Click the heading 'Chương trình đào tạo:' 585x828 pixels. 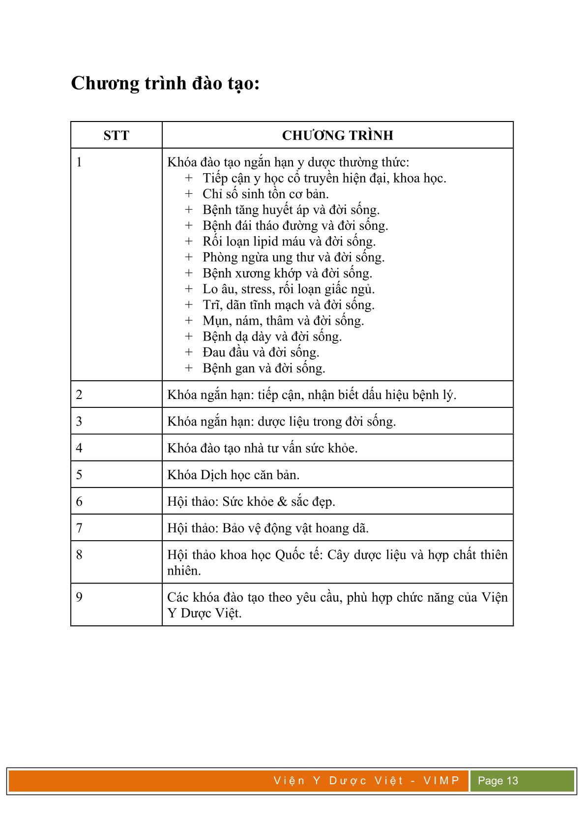coord(165,84)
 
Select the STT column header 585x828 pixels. coord(116,135)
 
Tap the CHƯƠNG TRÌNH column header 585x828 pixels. coord(337,135)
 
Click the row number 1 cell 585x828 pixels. coord(80,162)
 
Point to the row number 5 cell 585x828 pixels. coord(80,475)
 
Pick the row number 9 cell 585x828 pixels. coord(80,597)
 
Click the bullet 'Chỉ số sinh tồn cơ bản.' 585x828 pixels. coord(265,194)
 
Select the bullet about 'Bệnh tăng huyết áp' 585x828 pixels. coord(291,210)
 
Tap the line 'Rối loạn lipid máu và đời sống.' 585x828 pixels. coord(289,242)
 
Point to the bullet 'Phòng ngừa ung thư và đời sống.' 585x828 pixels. coord(293,257)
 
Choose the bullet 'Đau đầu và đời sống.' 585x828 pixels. coord(261,352)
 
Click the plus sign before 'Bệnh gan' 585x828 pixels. coord(189,368)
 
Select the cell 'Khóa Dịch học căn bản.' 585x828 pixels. coord(234,475)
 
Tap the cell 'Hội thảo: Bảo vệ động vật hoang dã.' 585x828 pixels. coord(268,528)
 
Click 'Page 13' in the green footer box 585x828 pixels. coord(498,781)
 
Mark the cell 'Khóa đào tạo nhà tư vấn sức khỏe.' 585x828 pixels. coord(263,448)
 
